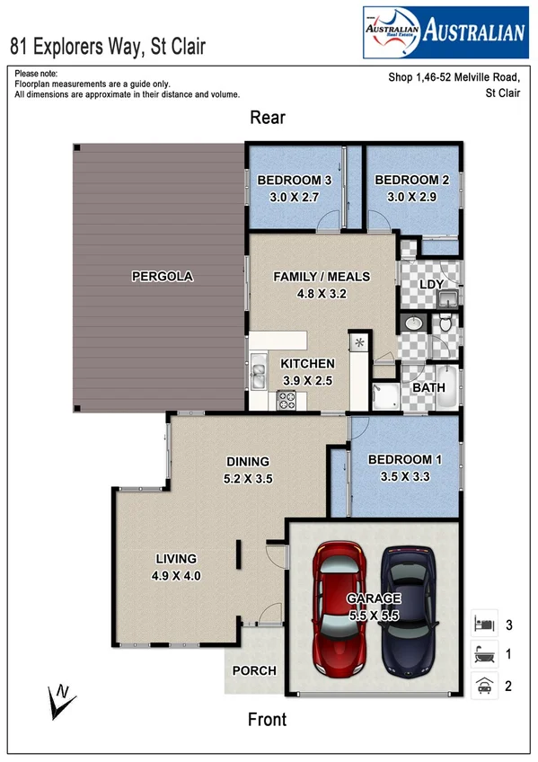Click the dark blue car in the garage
410,610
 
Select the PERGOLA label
163,277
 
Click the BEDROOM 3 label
295,181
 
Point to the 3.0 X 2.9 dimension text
405,197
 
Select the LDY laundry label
432,285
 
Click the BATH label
428,388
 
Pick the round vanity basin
413,323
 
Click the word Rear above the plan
268,118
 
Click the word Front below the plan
267,720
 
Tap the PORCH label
254,670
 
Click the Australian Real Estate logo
445,31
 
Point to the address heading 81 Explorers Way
107,45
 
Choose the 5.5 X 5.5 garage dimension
373,616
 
